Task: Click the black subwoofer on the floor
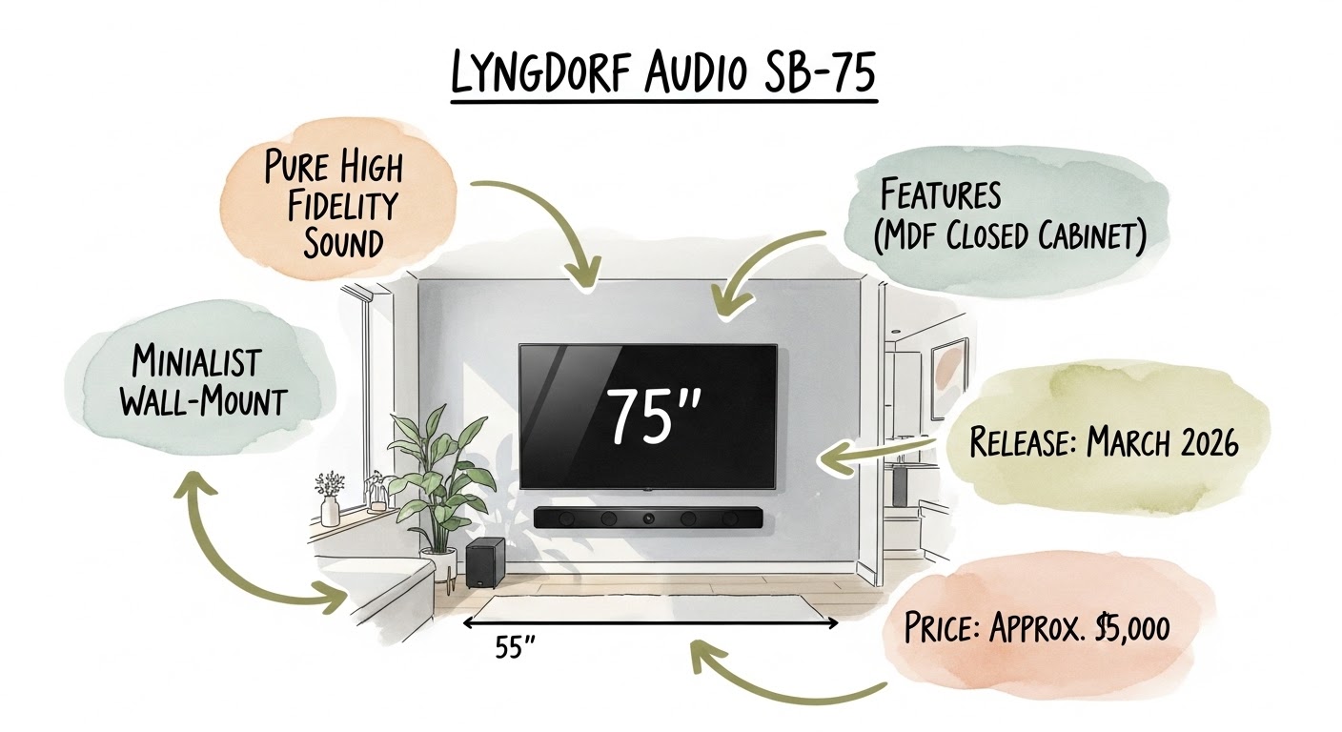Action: (x=485, y=561)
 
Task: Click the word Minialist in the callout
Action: (x=196, y=362)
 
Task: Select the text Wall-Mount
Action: (x=202, y=400)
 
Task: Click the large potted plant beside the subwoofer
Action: (x=434, y=477)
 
